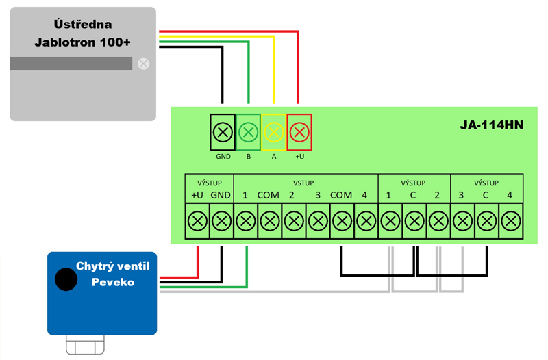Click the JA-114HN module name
(490, 127)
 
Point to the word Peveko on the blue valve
(113, 282)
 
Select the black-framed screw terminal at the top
(223, 131)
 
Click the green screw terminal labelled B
(249, 131)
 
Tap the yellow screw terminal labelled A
(274, 131)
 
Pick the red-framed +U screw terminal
(299, 131)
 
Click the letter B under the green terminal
(249, 156)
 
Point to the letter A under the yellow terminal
(274, 156)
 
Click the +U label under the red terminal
(299, 156)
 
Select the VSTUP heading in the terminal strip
(303, 183)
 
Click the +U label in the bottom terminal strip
(197, 195)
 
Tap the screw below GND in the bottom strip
(221, 221)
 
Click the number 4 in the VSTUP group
(364, 195)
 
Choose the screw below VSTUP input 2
(293, 221)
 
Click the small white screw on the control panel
(143, 64)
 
